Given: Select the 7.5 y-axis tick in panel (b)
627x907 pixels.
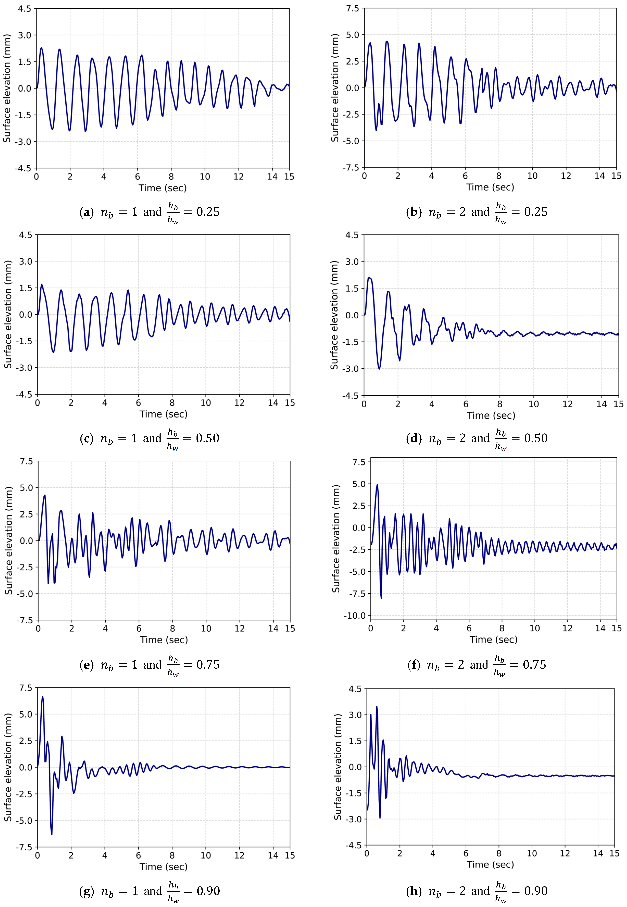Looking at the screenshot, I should point(352,8).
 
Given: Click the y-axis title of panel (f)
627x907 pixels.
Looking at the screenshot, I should point(336,539).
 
